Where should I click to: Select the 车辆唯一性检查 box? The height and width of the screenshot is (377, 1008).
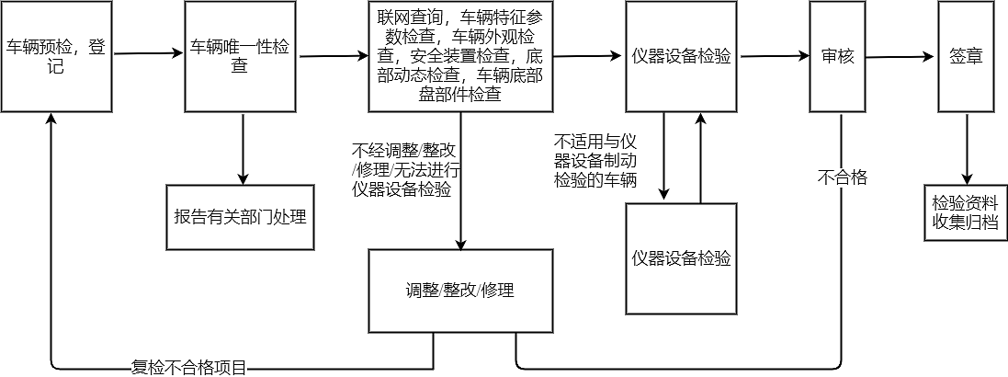pos(240,55)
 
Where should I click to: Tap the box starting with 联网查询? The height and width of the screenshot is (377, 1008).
pos(460,55)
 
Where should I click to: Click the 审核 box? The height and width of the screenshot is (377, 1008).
pos(837,55)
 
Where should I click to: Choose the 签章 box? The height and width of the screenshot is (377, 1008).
pos(966,55)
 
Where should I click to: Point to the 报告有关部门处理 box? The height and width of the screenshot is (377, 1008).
pos(240,217)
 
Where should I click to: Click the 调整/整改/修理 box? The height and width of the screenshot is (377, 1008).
pos(460,291)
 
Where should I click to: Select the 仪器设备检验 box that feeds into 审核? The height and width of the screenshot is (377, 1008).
pos(681,55)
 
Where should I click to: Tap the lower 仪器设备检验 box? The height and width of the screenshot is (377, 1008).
pos(681,258)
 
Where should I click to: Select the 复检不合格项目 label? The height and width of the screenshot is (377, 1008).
pos(189,369)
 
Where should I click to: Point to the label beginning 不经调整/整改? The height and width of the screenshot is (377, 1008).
pos(405,170)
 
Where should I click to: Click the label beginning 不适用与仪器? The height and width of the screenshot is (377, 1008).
pos(596,161)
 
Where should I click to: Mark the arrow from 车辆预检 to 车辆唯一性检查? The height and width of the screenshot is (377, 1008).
pos(147,53)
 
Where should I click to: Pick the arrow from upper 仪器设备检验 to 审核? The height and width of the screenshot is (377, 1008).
pos(772,56)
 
